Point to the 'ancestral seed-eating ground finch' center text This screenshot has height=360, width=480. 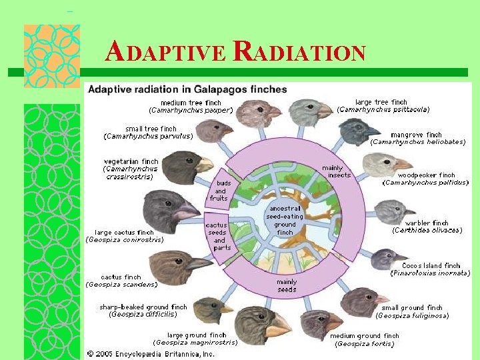(x=285, y=220)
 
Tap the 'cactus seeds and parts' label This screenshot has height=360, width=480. (x=219, y=237)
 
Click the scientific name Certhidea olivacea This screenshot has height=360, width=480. (x=427, y=231)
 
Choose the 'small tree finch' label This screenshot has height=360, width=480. (x=151, y=129)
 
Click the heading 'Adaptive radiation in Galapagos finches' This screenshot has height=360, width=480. (x=188, y=89)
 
